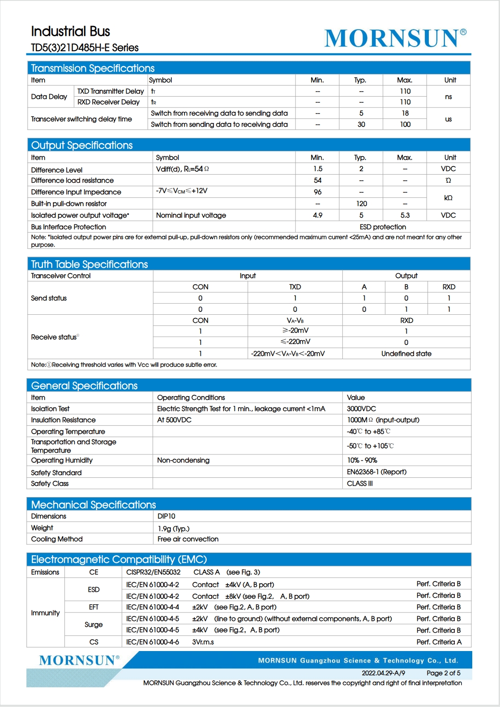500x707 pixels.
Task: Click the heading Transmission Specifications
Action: point(93,68)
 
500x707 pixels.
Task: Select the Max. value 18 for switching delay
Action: point(405,113)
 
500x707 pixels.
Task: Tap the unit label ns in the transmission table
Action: point(449,97)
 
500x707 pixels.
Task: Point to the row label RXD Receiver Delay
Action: point(108,102)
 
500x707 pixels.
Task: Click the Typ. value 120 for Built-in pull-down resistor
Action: point(362,204)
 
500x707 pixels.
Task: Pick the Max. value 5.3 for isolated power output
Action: point(405,215)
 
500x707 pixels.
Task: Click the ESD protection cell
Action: point(383,227)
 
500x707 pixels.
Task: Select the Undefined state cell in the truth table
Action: point(406,354)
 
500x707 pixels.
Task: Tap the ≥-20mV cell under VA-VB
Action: point(295,330)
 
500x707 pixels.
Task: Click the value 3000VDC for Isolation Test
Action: point(361,409)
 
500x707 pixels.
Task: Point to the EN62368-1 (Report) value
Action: point(376,472)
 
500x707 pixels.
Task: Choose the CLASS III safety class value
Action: point(359,484)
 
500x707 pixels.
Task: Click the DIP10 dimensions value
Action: point(166,516)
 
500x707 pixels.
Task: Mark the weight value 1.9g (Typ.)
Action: point(173,528)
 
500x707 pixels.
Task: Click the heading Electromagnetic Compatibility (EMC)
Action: point(119,559)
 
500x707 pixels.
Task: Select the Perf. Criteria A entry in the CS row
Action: point(439,642)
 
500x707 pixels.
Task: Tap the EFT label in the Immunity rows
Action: point(94,607)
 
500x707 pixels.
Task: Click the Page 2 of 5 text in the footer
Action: point(443,673)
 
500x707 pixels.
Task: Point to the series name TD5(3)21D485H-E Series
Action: point(85,47)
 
